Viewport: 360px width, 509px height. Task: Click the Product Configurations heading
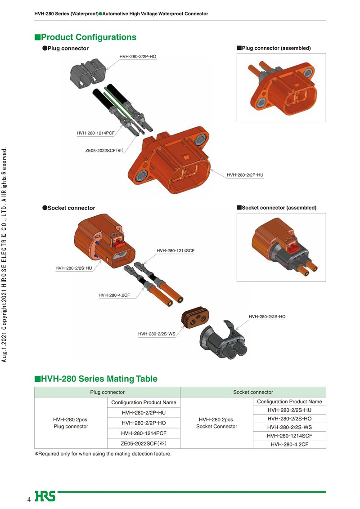[85, 37]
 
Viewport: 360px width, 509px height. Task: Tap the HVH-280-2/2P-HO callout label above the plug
[138, 56]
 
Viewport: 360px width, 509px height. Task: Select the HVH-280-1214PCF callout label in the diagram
[95, 133]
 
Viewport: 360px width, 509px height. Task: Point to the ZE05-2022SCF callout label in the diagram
[104, 151]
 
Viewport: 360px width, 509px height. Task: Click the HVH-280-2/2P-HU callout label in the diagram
[245, 174]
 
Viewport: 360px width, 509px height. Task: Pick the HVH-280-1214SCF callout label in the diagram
[175, 250]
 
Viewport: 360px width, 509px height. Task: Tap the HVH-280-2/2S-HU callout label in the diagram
[73, 268]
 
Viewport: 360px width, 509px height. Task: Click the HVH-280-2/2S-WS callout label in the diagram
[157, 334]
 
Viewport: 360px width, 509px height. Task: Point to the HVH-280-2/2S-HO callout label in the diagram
[267, 317]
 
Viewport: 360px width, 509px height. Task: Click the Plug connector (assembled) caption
[274, 48]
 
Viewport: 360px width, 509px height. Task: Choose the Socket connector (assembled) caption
[276, 208]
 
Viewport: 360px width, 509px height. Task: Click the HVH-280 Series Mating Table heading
[96, 379]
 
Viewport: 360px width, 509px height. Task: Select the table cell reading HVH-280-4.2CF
[289, 444]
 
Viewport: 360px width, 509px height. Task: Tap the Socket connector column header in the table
[253, 392]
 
